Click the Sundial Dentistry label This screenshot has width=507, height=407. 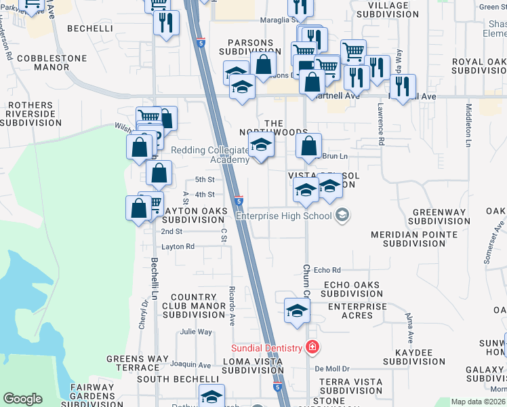coord(266,348)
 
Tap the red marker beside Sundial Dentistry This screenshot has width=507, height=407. coord(312,348)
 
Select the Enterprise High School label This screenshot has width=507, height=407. coord(283,216)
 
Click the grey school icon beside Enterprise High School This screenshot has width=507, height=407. coord(342,216)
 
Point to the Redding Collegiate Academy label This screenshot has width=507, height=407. coord(209,155)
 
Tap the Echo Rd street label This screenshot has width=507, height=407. coord(327,270)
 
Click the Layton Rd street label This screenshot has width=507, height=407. coord(178,246)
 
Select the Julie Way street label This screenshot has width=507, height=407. coord(196,332)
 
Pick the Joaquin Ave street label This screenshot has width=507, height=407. coord(190,365)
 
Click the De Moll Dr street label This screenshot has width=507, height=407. coord(331,368)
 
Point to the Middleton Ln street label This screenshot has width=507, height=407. coord(468,125)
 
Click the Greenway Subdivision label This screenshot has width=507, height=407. coord(438,217)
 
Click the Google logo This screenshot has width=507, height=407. coord(23,399)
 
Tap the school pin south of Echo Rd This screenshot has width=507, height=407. coord(296,311)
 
